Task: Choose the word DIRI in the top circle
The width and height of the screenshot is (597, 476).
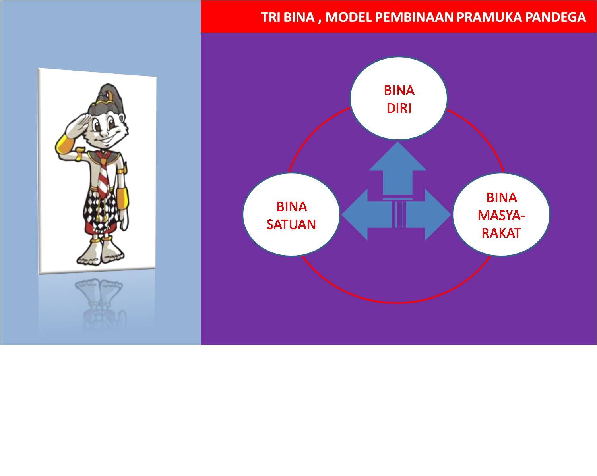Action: coord(399,108)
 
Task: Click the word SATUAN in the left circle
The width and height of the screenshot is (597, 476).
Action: coord(291,224)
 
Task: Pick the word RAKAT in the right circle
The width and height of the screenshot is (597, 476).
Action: coord(501,233)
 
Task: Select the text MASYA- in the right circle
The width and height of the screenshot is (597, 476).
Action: coord(501,216)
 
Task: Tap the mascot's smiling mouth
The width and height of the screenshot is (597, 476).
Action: coord(107,139)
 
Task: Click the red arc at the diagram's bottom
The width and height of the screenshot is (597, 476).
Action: coord(396,302)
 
